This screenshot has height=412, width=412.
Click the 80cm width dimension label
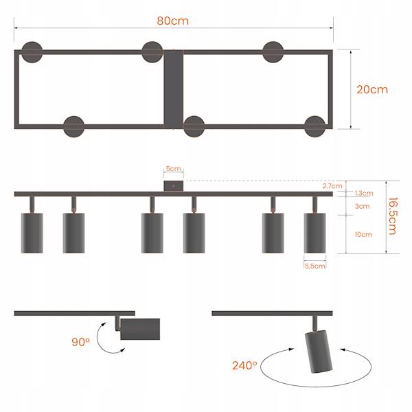pyautogui.click(x=172, y=21)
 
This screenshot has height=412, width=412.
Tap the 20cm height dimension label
pyautogui.click(x=372, y=89)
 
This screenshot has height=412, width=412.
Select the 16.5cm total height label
pyautogui.click(x=392, y=216)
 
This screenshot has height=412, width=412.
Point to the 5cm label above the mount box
pyautogui.click(x=174, y=168)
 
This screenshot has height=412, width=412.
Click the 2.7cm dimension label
pyautogui.click(x=332, y=186)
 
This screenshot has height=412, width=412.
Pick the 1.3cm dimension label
pyautogui.click(x=364, y=193)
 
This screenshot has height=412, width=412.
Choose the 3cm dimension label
pyautogui.click(x=362, y=206)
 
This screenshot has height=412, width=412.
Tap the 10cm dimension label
pyautogui.click(x=363, y=234)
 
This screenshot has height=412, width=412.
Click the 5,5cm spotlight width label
pyautogui.click(x=314, y=266)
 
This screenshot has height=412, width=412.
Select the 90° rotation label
pyautogui.click(x=80, y=342)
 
